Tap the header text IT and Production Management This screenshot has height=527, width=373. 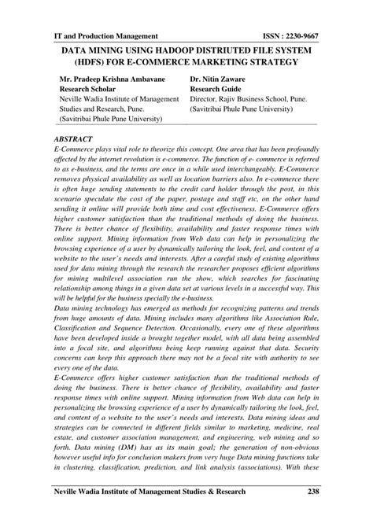point(105,36)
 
